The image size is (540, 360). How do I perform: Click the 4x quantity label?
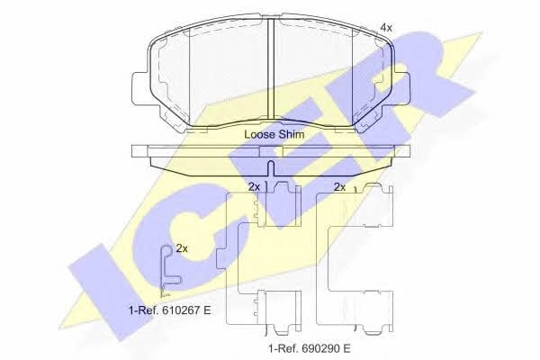(386, 28)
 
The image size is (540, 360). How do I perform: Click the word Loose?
(259, 134)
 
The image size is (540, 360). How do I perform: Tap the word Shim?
(291, 134)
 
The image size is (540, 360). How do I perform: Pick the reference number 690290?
(319, 348)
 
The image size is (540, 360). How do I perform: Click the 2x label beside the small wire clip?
(182, 248)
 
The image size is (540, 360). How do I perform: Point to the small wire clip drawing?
(169, 270)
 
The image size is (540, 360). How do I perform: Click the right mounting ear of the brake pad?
(400, 88)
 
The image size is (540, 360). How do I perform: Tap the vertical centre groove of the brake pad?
(271, 68)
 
